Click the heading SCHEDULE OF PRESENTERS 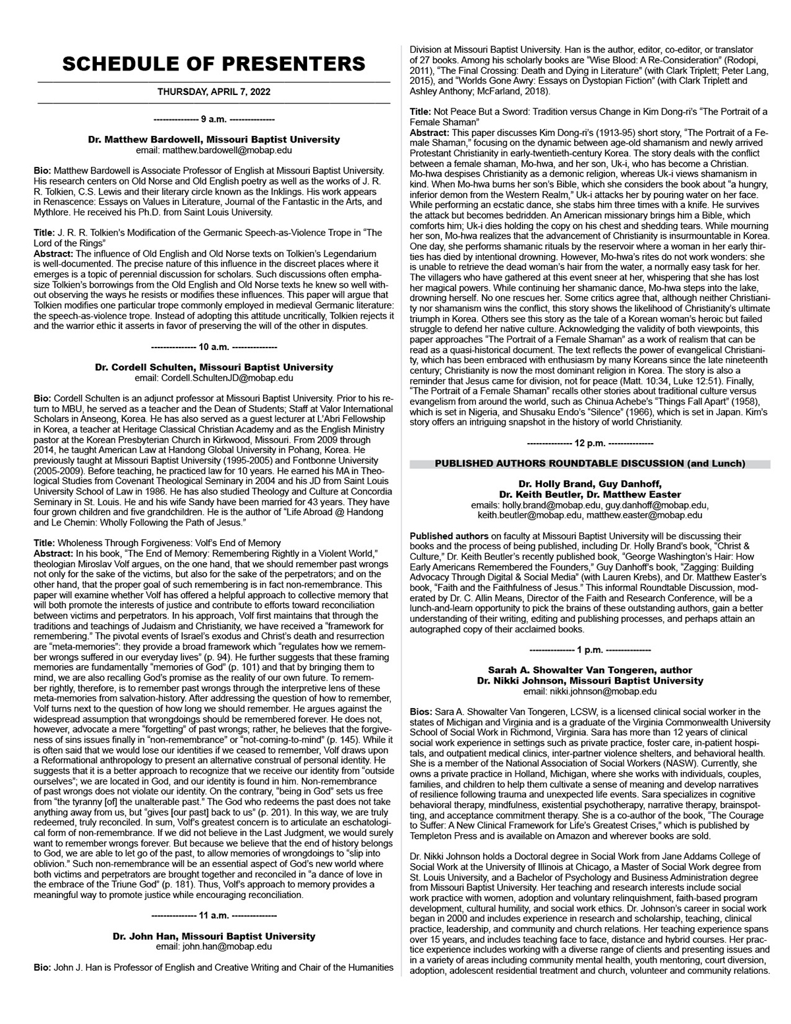(214, 64)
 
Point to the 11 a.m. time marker (214, 916)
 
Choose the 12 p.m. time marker (590, 444)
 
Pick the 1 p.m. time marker (590, 650)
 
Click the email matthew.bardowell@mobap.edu (214, 150)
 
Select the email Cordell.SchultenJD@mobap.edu (214, 378)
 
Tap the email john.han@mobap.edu (214, 947)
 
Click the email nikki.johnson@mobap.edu (590, 692)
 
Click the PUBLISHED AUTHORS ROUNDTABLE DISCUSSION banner (590, 464)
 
